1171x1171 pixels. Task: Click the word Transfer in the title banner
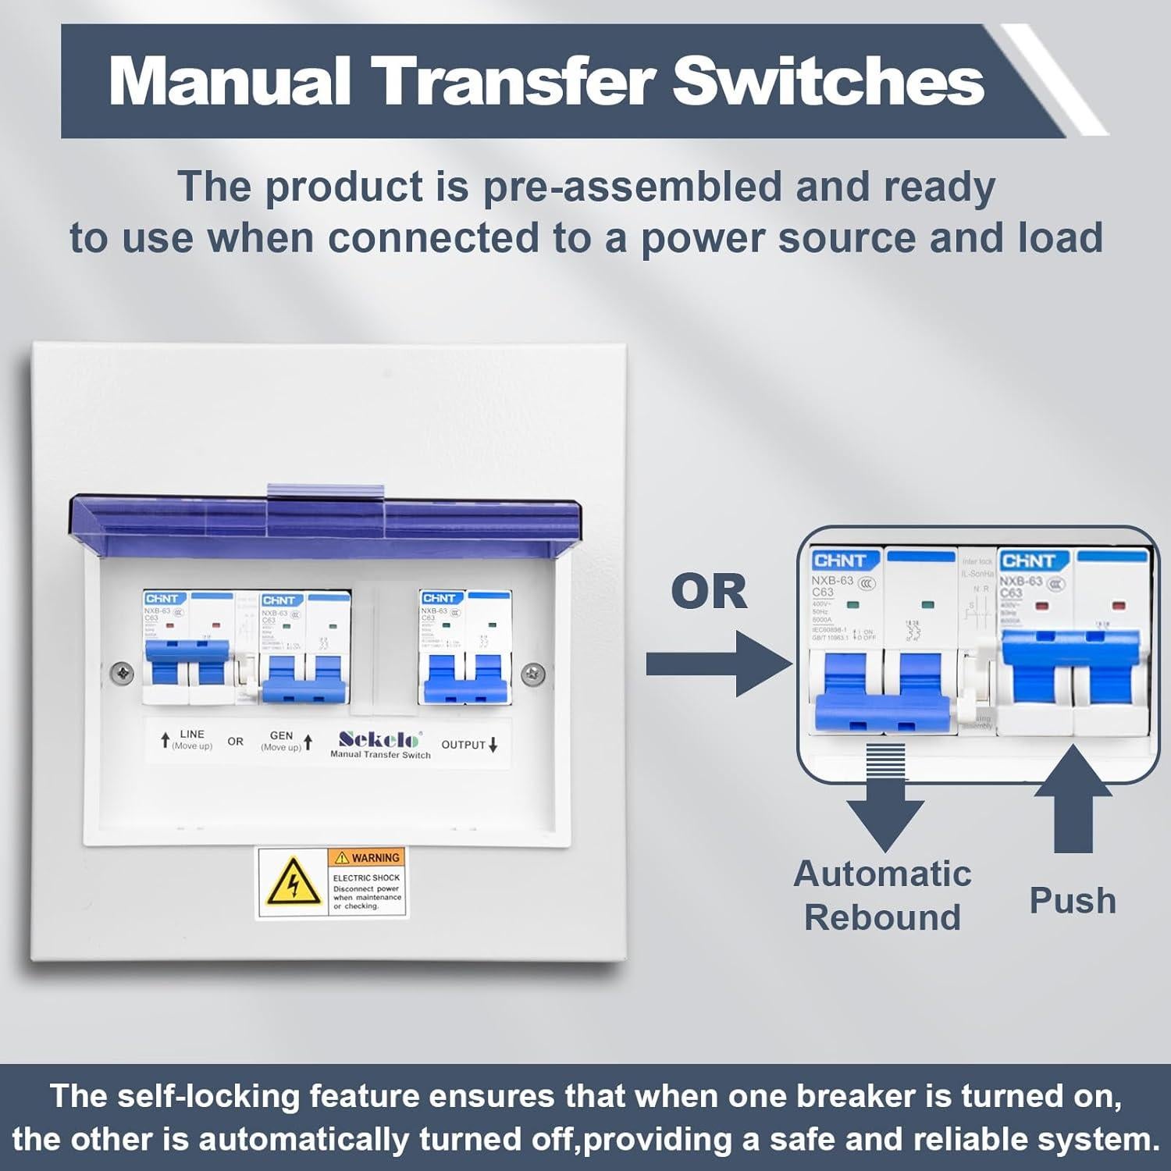coord(511,80)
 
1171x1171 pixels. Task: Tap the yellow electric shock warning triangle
coord(294,883)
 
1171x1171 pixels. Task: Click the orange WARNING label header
coord(367,858)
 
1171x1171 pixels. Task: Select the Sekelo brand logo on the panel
coord(380,739)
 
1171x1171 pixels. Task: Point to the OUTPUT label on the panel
coord(464,745)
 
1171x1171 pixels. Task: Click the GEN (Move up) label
coord(281,741)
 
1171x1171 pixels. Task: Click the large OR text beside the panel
coord(709,592)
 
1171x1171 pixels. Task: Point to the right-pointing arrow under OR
coord(718,664)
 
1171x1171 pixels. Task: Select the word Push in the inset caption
coord(1073,900)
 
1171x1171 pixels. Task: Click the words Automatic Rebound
coord(882,895)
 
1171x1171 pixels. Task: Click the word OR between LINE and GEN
coord(235,741)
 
